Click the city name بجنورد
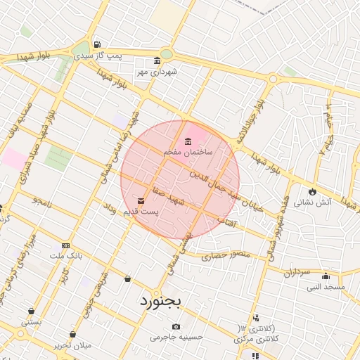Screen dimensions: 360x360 coord(155,302)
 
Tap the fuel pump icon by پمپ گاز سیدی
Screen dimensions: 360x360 coord(96,43)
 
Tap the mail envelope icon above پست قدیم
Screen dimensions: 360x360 coord(141,200)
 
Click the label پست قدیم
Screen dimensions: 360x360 coord(141,211)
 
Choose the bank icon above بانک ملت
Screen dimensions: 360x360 coord(66,245)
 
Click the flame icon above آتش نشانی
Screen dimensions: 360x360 coord(312,191)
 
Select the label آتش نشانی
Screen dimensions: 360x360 coord(309,202)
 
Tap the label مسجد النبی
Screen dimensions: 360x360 coord(326,287)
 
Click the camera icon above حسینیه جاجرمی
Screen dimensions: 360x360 coord(176,326)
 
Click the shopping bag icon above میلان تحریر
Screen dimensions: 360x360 coord(72,334)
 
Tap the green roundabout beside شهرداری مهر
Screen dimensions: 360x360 coord(167,54)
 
